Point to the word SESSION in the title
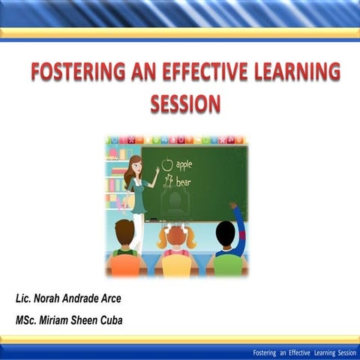(x=185, y=103)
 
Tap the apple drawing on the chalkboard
(x=167, y=164)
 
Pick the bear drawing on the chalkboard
(x=168, y=181)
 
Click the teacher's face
(x=136, y=165)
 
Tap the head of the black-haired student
(x=225, y=234)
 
